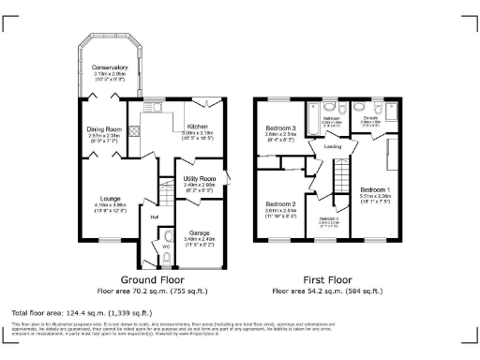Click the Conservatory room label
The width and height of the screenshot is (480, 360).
click(x=110, y=67)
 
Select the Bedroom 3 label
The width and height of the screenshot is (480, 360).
click(x=280, y=128)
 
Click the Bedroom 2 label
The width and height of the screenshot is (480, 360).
click(x=280, y=203)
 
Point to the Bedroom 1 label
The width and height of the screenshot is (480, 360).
click(x=375, y=189)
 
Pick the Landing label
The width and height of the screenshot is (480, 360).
click(x=332, y=146)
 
